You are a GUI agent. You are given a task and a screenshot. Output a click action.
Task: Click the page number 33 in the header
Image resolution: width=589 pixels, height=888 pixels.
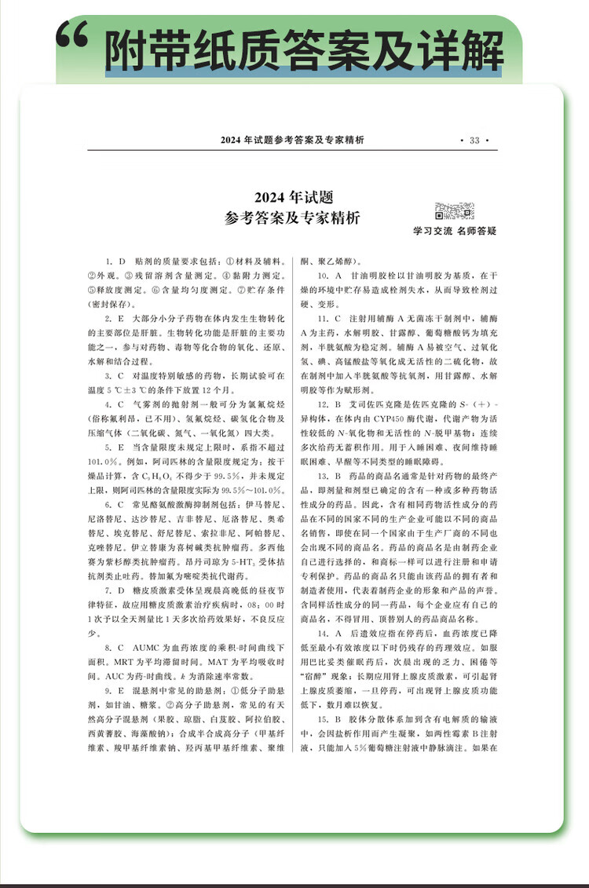coord(474,141)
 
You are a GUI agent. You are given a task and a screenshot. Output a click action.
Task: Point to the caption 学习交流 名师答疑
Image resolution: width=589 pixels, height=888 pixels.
coord(455,232)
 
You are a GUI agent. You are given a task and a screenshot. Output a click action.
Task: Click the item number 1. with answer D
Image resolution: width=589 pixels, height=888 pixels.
coord(110,261)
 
